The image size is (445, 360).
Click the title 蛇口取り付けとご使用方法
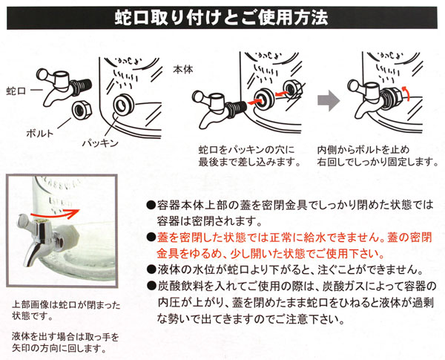(221, 18)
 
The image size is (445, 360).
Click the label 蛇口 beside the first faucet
(16, 91)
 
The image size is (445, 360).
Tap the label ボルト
(40, 134)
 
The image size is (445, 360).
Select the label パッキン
(100, 143)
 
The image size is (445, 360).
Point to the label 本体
(183, 70)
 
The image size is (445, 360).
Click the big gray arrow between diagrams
(329, 101)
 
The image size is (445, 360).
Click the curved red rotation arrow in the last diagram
(406, 92)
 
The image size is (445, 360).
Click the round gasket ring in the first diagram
(123, 105)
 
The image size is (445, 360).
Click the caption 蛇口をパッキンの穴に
(246, 150)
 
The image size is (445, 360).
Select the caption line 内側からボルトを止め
(363, 150)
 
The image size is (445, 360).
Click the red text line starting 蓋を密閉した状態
(294, 237)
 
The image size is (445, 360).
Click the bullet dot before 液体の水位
(151, 269)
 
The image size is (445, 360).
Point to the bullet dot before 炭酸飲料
(151, 285)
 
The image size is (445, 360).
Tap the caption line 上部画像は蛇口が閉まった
(66, 306)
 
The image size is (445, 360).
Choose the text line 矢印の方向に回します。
(59, 348)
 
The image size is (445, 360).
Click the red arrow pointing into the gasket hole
(254, 102)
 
